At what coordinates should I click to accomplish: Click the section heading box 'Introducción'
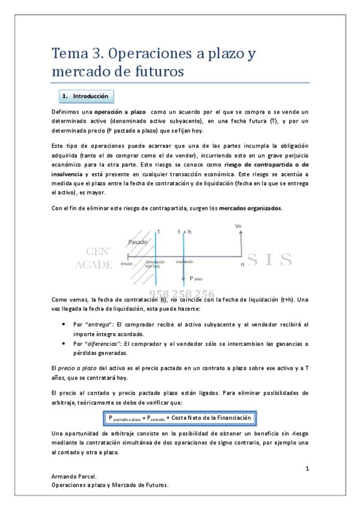pyautogui.click(x=86, y=96)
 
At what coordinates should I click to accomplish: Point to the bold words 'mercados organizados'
pyautogui.click(x=249, y=208)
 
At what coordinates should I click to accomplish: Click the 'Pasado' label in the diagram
pyautogui.click(x=138, y=241)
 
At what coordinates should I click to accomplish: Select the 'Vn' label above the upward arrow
pyautogui.click(x=239, y=226)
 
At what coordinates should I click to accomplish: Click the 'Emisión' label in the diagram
pyautogui.click(x=126, y=263)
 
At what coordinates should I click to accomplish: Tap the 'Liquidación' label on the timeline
pyautogui.click(x=184, y=262)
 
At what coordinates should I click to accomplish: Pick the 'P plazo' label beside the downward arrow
pyautogui.click(x=196, y=278)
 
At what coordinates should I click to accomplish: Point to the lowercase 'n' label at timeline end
pyautogui.click(x=242, y=263)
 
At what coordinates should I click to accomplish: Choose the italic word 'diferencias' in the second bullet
pyautogui.click(x=102, y=344)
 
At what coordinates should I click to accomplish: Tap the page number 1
pyautogui.click(x=307, y=467)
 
